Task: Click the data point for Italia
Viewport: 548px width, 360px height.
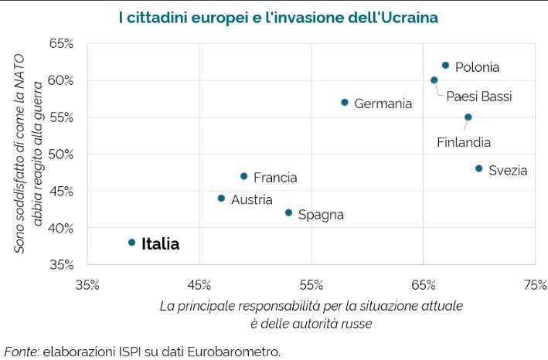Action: tap(131, 243)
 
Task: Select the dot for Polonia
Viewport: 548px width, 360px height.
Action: tap(445, 66)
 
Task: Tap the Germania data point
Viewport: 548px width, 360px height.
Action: tap(345, 103)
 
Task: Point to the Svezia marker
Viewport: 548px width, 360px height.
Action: tap(478, 168)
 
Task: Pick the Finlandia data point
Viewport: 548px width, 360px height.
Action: tap(468, 117)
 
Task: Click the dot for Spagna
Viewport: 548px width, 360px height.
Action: tap(288, 212)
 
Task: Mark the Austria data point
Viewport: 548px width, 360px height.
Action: tap(221, 199)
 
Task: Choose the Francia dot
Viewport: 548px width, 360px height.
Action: tap(243, 176)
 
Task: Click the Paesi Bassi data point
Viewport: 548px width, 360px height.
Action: tap(434, 80)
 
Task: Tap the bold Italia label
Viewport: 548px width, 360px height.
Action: tap(160, 244)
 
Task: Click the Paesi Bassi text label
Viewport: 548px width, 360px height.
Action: tap(478, 97)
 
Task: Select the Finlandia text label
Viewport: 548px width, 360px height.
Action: tap(464, 142)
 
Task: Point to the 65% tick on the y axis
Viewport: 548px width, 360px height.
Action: tap(61, 44)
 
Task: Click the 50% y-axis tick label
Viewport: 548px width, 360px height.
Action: tap(61, 155)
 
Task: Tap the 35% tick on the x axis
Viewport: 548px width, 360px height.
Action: tap(87, 284)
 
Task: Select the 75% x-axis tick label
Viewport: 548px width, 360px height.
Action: tap(535, 284)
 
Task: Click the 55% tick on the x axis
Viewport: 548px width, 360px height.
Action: tap(311, 284)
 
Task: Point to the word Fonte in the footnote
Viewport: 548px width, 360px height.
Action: tap(21, 352)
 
